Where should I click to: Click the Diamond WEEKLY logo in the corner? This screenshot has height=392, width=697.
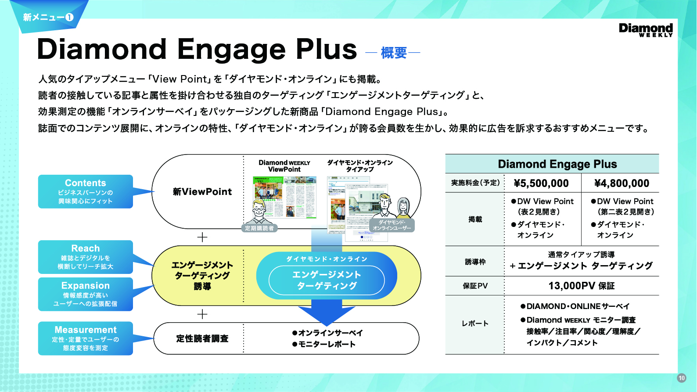[x=645, y=30]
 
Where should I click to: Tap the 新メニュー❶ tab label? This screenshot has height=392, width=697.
[x=48, y=18]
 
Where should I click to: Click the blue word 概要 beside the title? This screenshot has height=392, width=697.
[x=394, y=53]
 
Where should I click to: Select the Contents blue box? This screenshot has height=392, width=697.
[x=86, y=191]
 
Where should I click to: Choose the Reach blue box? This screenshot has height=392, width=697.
[x=86, y=257]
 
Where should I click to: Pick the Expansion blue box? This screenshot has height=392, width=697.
[x=86, y=294]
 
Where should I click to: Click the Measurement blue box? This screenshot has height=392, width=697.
[x=86, y=338]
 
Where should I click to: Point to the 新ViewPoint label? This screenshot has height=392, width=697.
[x=202, y=192]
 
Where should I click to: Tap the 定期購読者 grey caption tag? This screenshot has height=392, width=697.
[x=259, y=228]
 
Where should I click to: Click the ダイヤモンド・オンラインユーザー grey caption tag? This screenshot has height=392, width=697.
[x=392, y=225]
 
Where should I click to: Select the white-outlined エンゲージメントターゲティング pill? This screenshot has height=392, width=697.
[x=327, y=280]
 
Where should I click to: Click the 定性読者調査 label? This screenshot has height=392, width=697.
[x=202, y=338]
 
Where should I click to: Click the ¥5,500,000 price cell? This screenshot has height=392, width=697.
[x=541, y=183]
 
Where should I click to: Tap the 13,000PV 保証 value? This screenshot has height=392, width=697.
[x=581, y=286]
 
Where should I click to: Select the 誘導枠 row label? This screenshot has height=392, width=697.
[x=475, y=262]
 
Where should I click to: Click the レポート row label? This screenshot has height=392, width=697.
[x=475, y=324]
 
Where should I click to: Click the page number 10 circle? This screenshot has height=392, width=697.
[x=681, y=378]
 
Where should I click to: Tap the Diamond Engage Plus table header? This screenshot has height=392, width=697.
[x=557, y=164]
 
